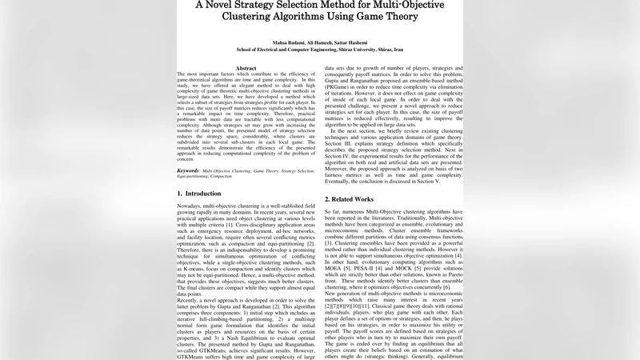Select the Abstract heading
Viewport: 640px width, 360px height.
pyautogui.click(x=246, y=68)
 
